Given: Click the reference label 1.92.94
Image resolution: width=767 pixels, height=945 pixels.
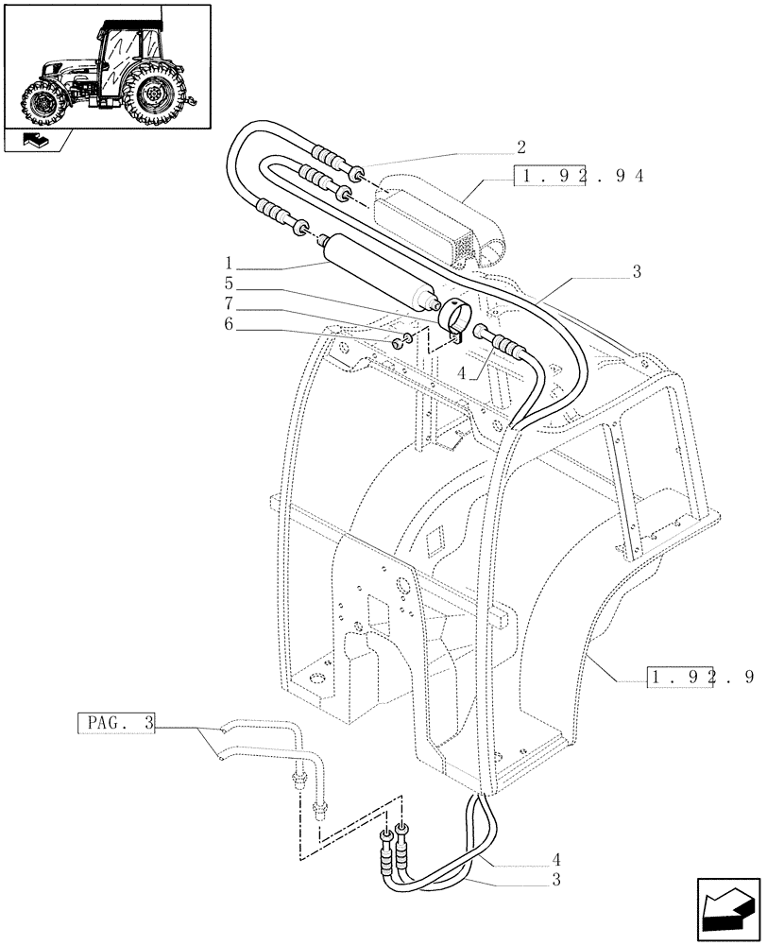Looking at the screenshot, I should [577, 176].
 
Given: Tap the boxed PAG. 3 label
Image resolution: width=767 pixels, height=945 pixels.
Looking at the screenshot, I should [114, 725].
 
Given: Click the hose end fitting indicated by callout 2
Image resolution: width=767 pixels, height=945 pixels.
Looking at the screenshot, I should [358, 174].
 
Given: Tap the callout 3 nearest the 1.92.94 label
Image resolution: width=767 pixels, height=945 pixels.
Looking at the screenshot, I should [637, 272].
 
